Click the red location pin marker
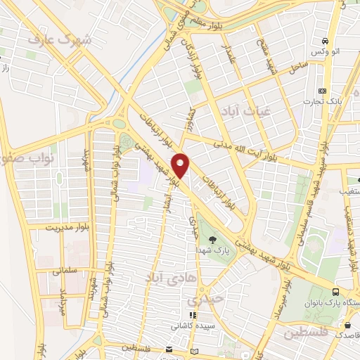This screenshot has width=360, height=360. [x=181, y=166]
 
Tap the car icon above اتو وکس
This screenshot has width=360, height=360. [x=324, y=41]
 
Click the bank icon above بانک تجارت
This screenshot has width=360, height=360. [x=322, y=91]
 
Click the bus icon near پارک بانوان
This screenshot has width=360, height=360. [x=335, y=292]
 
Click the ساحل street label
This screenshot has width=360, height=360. [x=298, y=68]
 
